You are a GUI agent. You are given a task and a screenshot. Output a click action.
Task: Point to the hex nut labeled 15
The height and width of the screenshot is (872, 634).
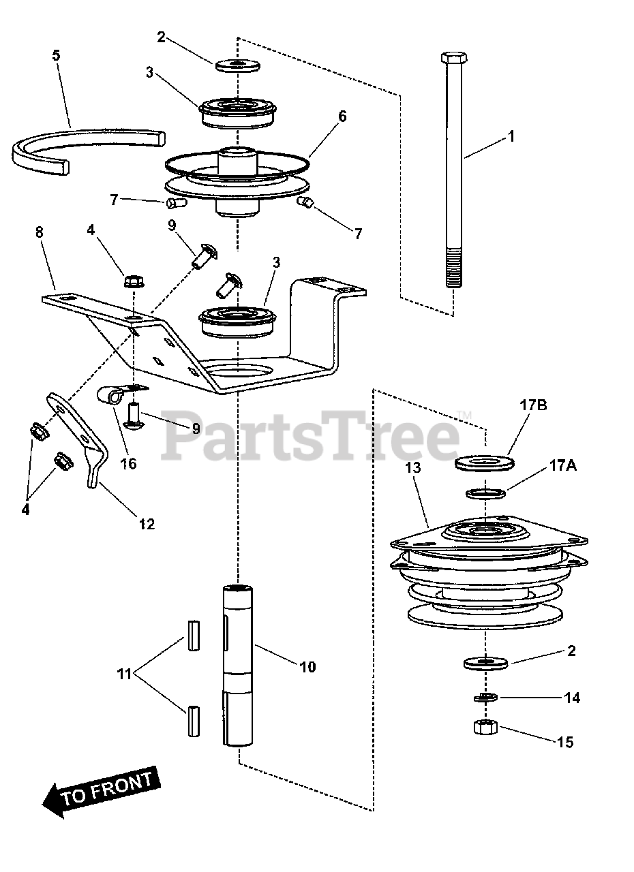(484, 728)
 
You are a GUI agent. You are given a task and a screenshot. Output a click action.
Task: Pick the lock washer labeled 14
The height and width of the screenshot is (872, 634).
(485, 698)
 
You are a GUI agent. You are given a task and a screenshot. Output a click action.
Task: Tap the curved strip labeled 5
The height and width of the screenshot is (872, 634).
(82, 140)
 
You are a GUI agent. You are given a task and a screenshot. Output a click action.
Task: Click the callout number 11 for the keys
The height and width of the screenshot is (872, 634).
(124, 675)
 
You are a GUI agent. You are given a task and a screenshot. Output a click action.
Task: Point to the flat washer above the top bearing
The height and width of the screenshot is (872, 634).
(238, 65)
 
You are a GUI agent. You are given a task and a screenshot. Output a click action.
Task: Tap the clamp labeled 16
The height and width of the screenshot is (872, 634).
(116, 393)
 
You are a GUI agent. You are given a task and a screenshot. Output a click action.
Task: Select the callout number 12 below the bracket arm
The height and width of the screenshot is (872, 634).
(146, 524)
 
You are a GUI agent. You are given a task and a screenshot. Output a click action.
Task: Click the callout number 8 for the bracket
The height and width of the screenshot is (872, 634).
(39, 232)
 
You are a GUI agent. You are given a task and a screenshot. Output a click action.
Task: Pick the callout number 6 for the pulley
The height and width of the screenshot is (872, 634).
(342, 116)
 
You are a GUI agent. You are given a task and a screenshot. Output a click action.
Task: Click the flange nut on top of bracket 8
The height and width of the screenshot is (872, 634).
(132, 281)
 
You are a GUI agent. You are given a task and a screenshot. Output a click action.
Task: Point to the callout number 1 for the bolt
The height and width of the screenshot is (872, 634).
(511, 137)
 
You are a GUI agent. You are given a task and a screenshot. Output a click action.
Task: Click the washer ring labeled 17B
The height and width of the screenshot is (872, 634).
(485, 463)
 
